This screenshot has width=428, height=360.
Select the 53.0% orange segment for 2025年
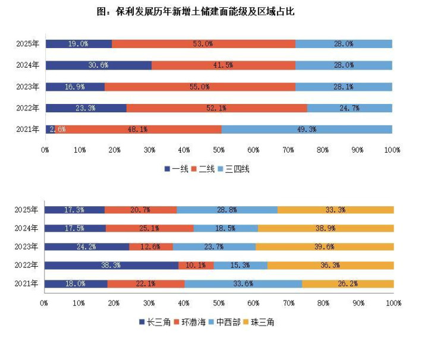[203, 44]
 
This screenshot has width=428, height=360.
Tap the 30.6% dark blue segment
[98, 65]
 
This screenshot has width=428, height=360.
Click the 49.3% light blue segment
[307, 130]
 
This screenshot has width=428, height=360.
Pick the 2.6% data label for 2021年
[58, 130]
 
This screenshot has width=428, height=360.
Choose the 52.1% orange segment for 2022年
[216, 108]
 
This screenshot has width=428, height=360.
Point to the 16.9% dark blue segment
[75, 87]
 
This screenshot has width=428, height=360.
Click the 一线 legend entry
[176, 169]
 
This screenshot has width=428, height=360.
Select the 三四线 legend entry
[236, 169]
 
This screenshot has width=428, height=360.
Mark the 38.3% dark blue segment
[112, 266]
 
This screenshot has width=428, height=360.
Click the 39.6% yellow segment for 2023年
[325, 247]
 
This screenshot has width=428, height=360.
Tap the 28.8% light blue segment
[227, 210]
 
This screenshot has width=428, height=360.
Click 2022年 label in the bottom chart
[27, 266]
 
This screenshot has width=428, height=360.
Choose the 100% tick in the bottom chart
[393, 303]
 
